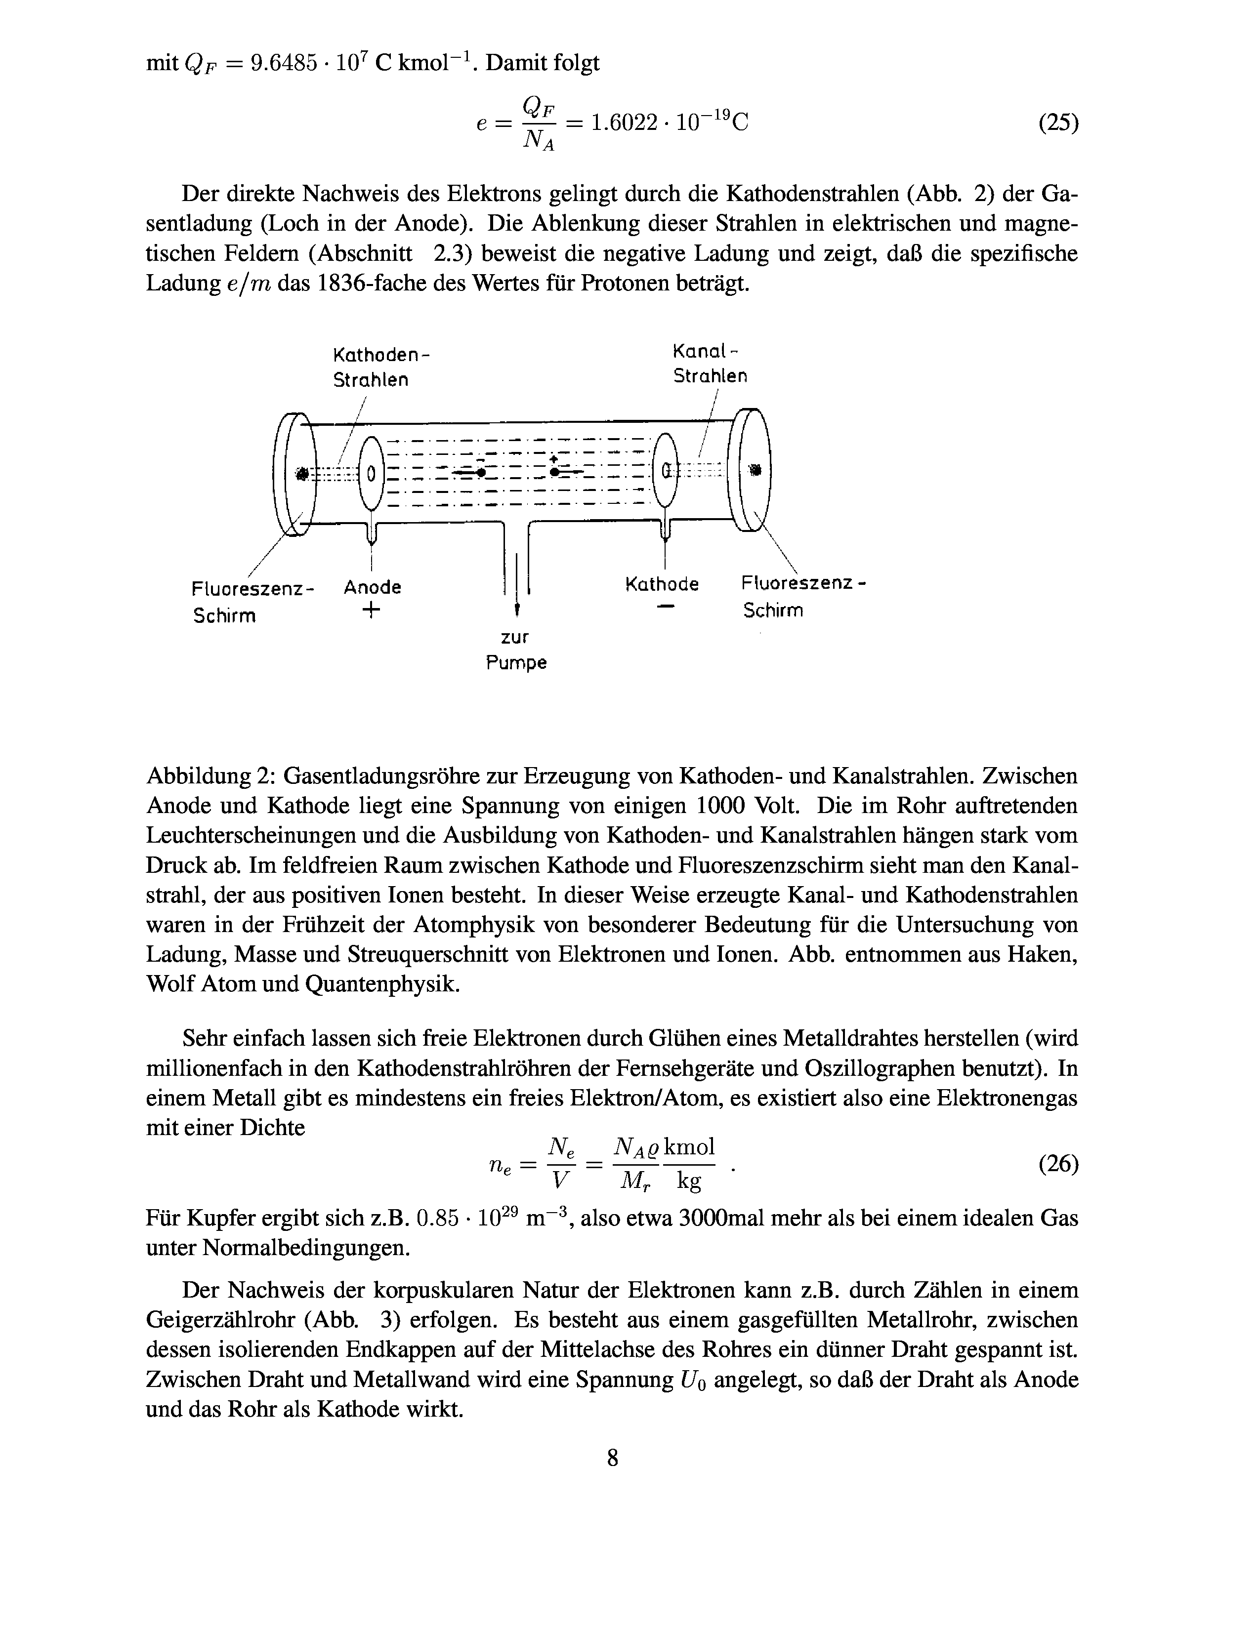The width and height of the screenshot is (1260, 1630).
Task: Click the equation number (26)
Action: point(1058,1164)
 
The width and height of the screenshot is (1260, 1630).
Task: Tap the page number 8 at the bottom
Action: point(612,1457)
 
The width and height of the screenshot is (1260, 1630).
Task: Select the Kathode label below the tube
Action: point(661,584)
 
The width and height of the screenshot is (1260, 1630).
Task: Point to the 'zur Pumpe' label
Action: point(516,650)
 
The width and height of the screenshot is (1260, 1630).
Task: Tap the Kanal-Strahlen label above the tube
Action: point(709,364)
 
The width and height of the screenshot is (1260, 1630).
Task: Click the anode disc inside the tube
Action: point(371,472)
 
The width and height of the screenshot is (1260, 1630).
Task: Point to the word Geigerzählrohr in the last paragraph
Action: point(221,1320)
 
